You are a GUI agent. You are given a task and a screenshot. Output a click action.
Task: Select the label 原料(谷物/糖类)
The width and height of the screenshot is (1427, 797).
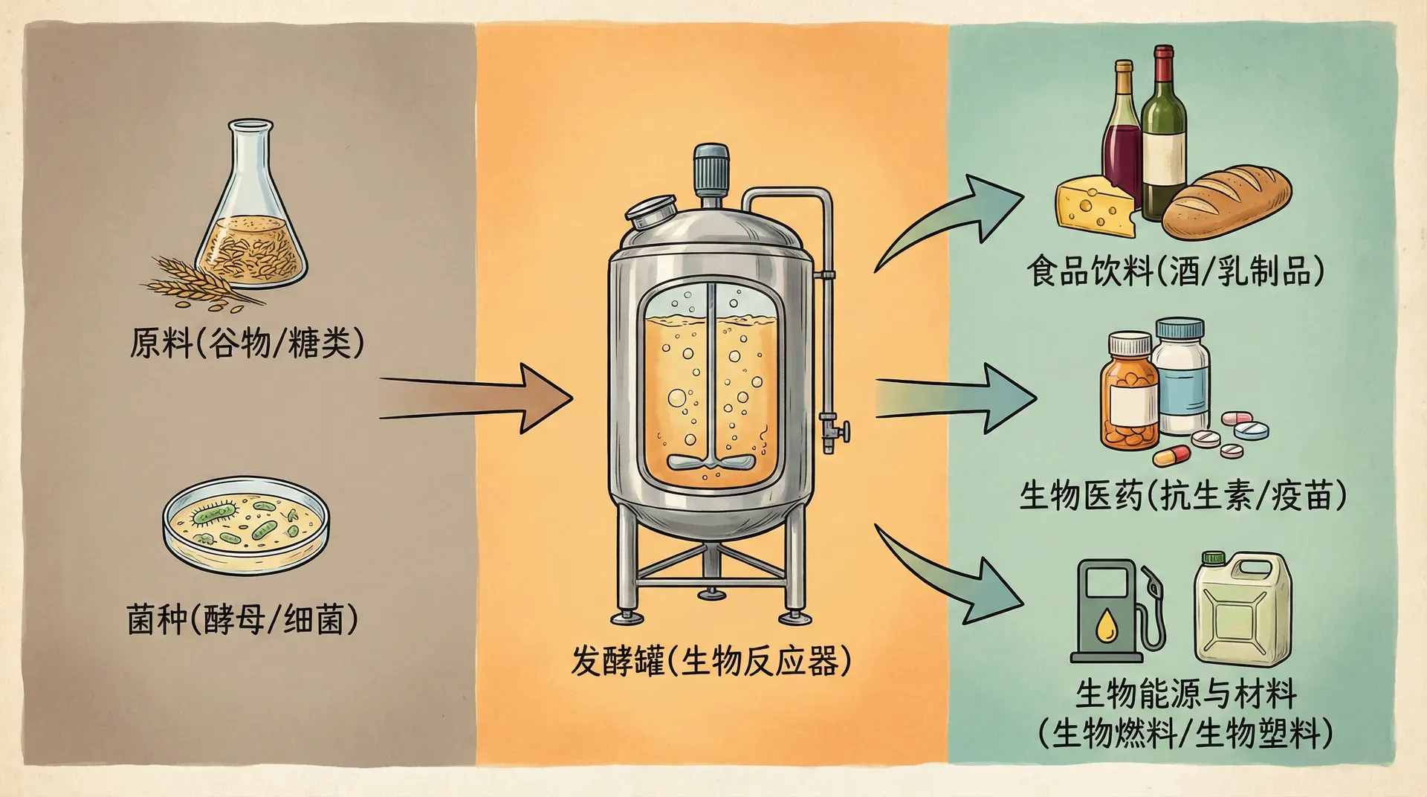pyautogui.click(x=247, y=343)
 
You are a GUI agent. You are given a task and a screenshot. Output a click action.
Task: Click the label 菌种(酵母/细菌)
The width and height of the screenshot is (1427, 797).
pyautogui.click(x=242, y=619)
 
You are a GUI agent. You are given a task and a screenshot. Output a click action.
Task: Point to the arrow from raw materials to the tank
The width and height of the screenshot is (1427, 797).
pyautogui.click(x=483, y=398)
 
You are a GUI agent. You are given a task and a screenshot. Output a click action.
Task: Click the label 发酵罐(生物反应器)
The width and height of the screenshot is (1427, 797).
pyautogui.click(x=711, y=661)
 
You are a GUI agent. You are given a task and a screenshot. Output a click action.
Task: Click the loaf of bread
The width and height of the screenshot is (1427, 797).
pyautogui.click(x=1226, y=202)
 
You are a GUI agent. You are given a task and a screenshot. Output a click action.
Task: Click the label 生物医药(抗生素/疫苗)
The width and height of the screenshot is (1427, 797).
pyautogui.click(x=1182, y=495)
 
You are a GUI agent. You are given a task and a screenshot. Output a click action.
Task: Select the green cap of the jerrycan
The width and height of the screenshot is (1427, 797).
pyautogui.click(x=1213, y=558)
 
